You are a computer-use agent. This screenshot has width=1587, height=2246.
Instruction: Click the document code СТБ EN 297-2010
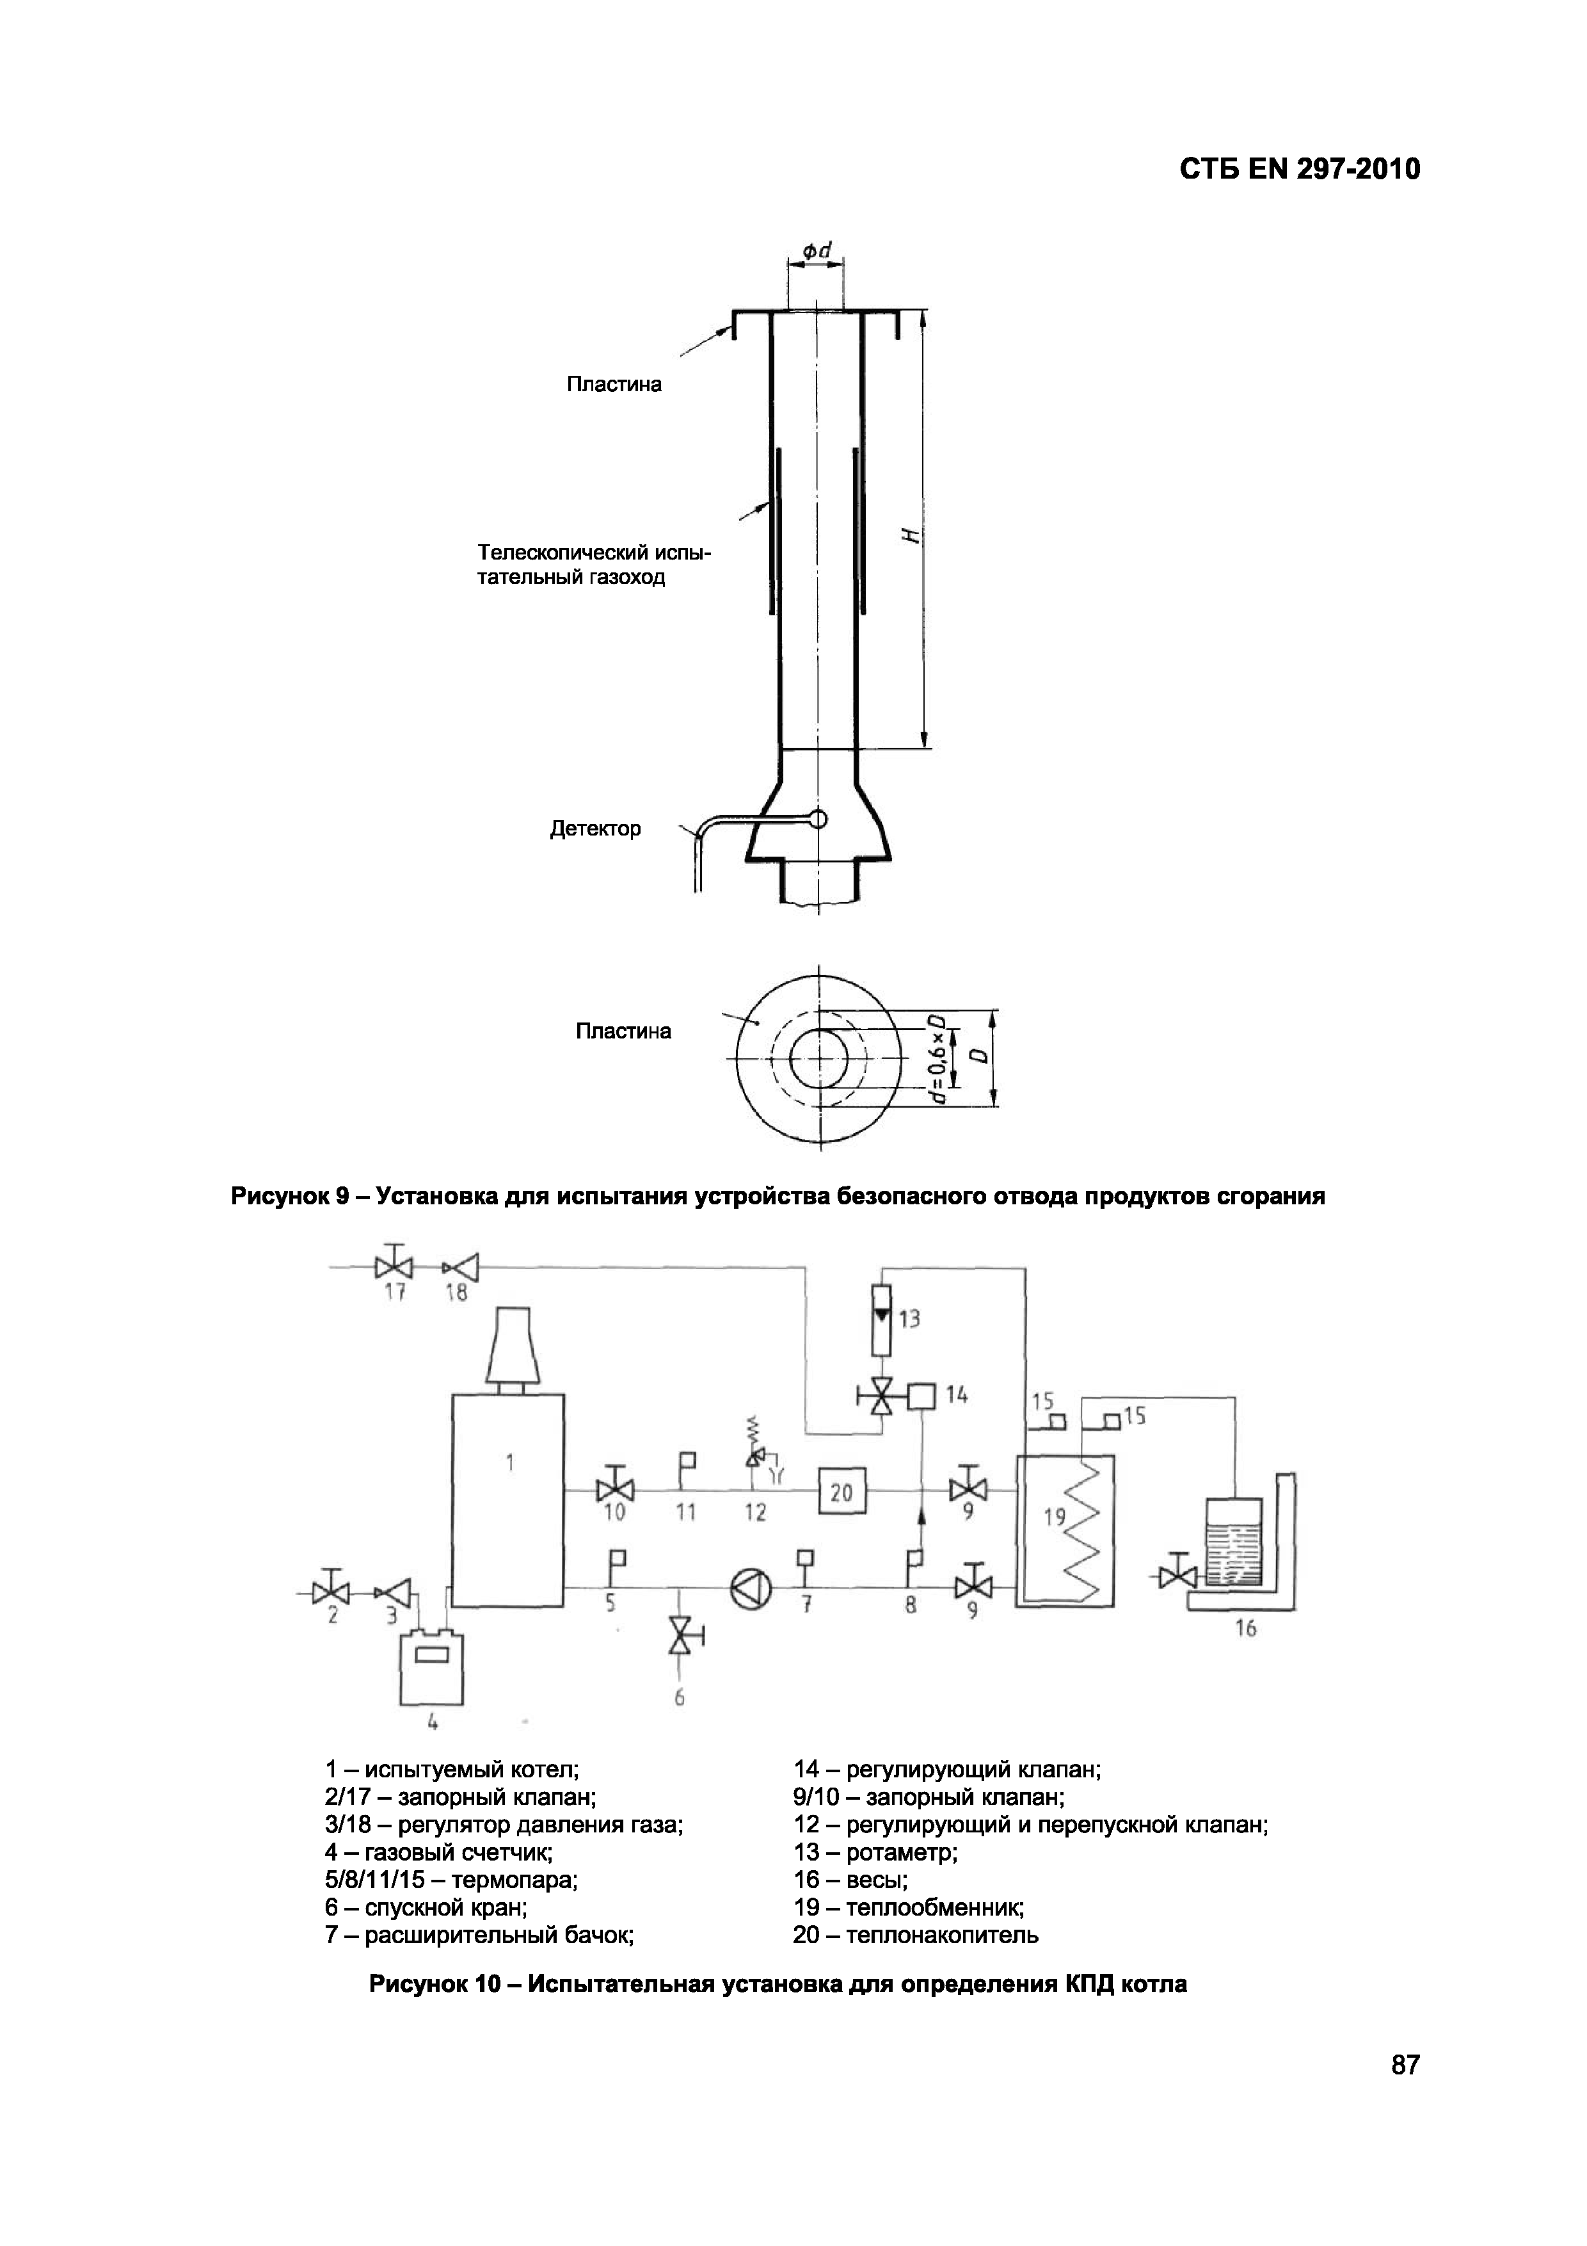pyautogui.click(x=1300, y=170)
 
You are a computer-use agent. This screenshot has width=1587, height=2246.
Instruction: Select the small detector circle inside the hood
pyautogui.click(x=817, y=818)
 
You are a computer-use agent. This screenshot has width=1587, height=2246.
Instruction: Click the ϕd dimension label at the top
pyautogui.click(x=817, y=252)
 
